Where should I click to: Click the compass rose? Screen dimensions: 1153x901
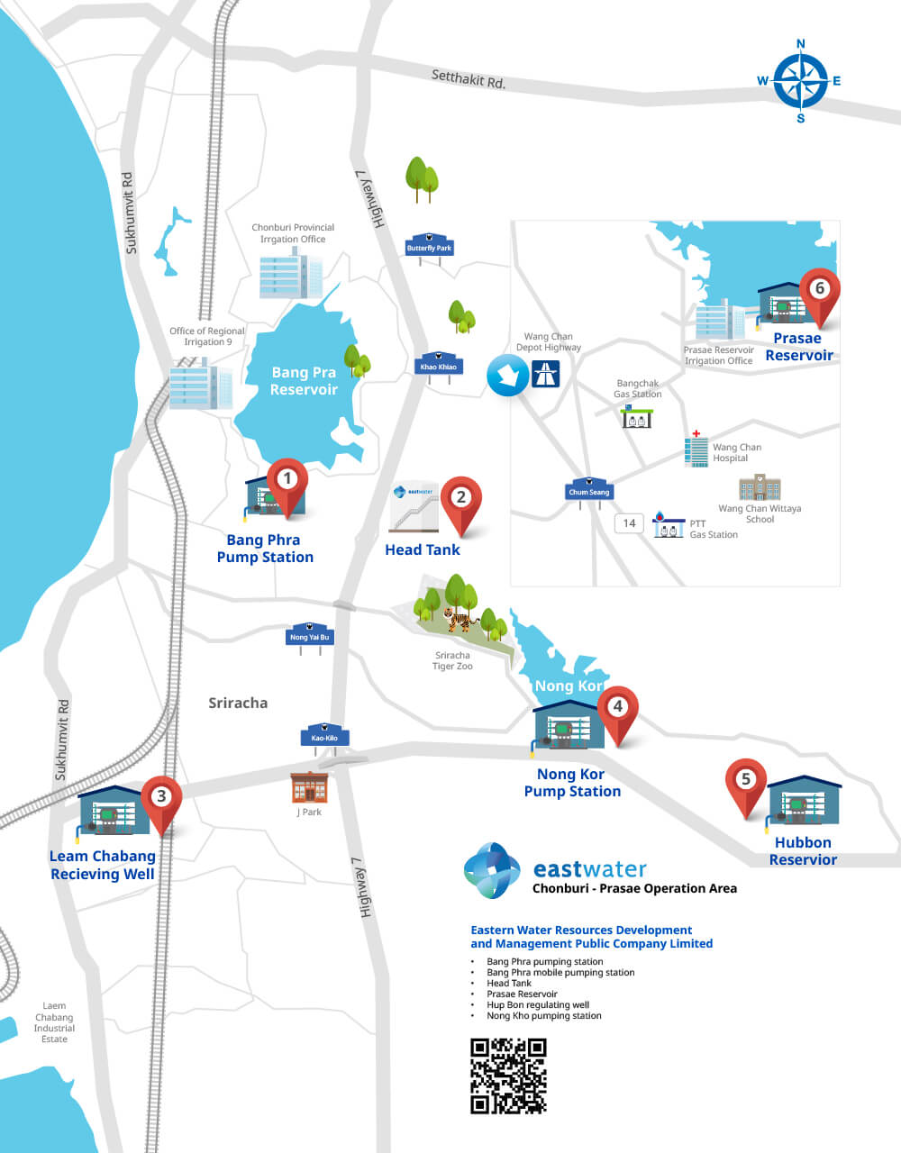point(800,81)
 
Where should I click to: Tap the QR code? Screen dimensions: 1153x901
point(508,1076)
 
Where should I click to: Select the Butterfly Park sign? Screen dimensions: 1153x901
point(429,247)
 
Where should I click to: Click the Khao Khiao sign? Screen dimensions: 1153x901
point(439,365)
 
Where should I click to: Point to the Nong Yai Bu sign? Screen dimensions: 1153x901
point(310,635)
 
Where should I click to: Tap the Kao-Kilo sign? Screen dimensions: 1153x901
point(324,736)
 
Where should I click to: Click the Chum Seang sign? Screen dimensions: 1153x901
point(589,491)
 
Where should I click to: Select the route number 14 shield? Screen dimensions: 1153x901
point(629,523)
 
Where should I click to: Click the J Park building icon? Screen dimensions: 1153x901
point(309,787)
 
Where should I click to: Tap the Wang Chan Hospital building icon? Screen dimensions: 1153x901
point(696,449)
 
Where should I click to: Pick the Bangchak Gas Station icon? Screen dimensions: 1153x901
point(637,416)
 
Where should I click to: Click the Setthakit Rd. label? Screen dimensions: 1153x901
point(469,78)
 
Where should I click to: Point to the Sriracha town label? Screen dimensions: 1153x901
point(238,703)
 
